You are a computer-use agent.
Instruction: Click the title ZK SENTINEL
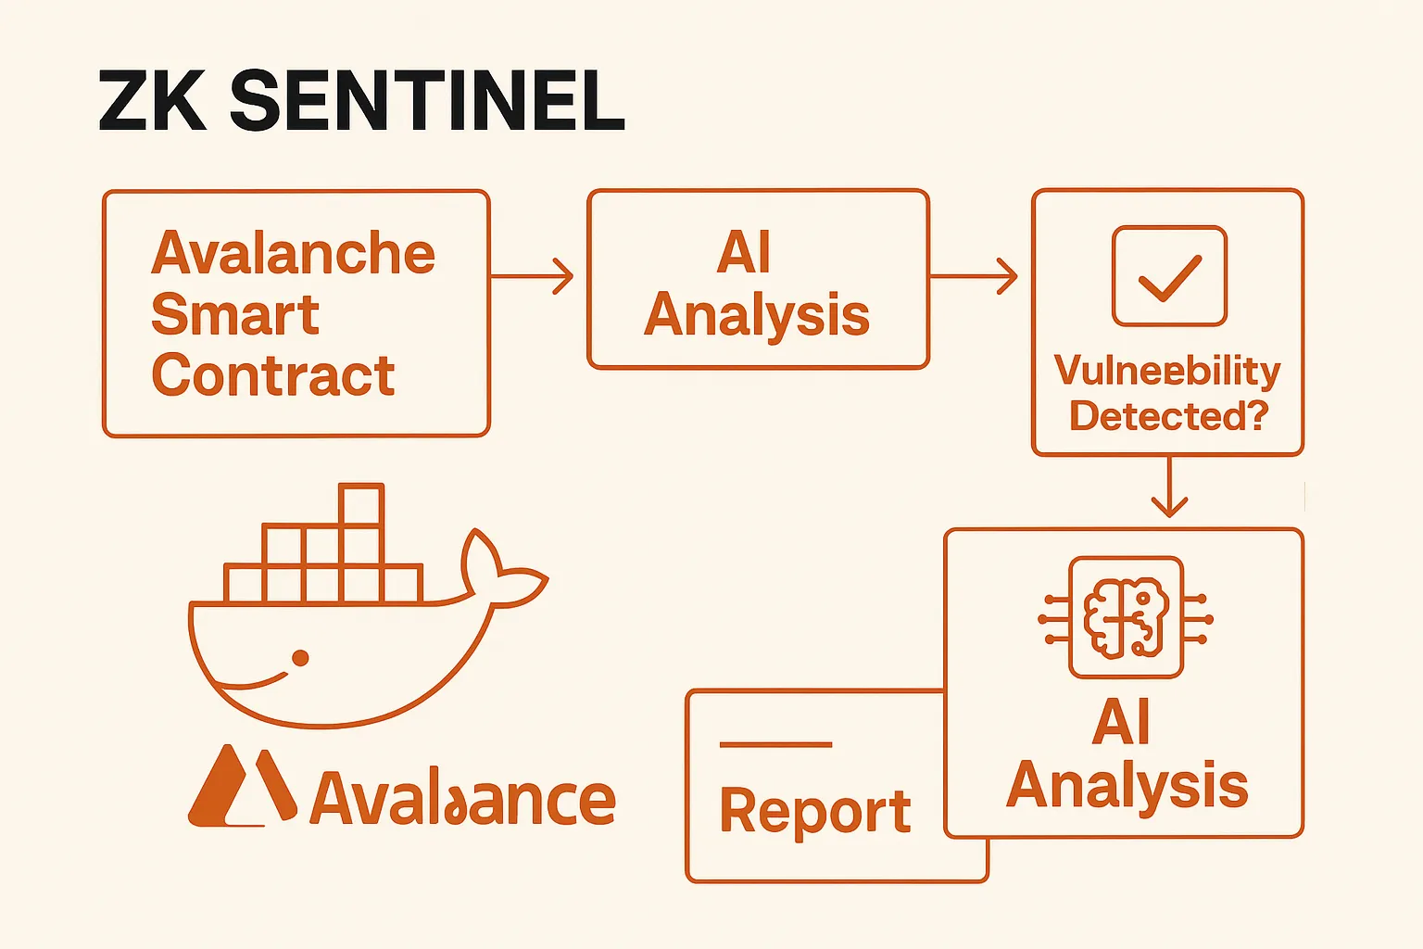(x=361, y=101)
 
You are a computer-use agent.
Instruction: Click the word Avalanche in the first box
(x=293, y=253)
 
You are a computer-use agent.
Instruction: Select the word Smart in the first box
(x=235, y=315)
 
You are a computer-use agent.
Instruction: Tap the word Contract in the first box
(x=273, y=375)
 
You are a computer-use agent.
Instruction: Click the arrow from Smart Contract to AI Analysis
(x=533, y=276)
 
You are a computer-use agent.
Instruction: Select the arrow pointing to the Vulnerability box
(x=973, y=276)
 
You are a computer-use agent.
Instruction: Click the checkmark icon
(x=1169, y=276)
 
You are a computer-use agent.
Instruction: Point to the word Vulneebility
(x=1167, y=371)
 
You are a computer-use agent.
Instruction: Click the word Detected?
(x=1168, y=416)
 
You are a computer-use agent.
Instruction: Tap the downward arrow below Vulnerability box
(x=1169, y=487)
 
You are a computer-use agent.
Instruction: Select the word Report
(x=815, y=812)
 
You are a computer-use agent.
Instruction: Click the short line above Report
(x=775, y=744)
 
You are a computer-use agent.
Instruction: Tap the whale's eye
(x=300, y=658)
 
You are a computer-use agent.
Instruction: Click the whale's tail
(x=500, y=570)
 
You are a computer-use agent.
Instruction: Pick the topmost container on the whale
(x=361, y=505)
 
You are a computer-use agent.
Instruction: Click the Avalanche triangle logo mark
(x=242, y=788)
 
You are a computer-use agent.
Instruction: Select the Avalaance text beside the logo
(x=463, y=799)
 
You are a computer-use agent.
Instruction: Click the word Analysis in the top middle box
(x=757, y=315)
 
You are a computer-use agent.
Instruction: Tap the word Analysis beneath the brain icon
(x=1127, y=786)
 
